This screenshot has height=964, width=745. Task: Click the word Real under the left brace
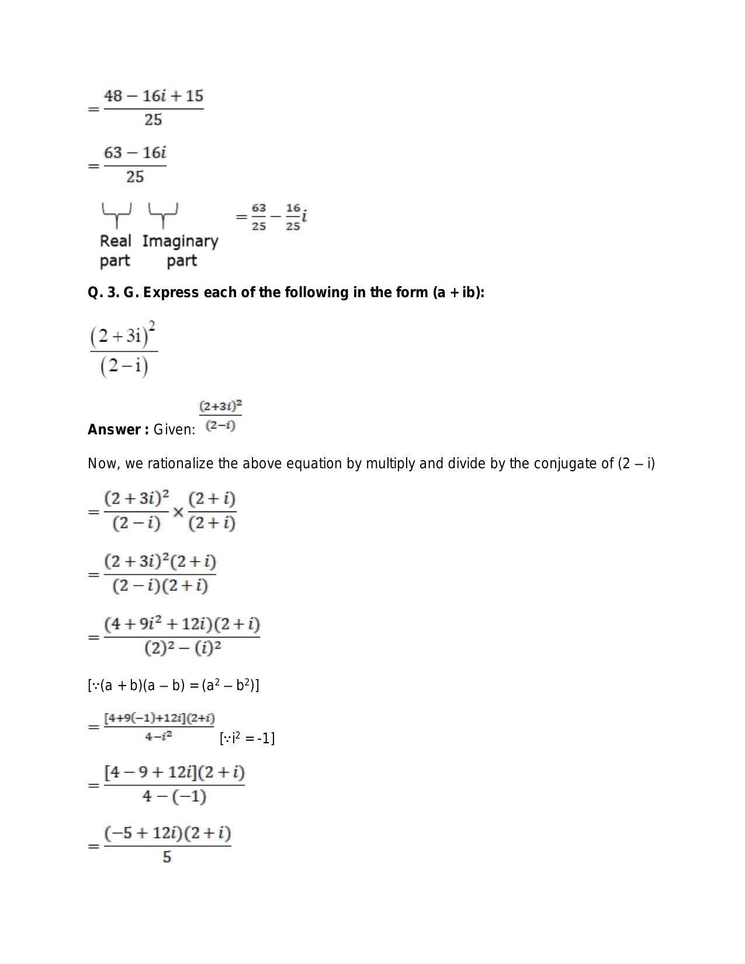coord(115,241)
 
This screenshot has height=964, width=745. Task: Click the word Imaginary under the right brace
coord(180,241)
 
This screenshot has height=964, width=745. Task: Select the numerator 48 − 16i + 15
coord(154,96)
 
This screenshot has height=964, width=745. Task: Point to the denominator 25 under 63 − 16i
coord(135,177)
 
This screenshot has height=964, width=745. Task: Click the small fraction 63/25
coord(259,217)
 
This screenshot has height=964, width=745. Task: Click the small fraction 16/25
coord(293,217)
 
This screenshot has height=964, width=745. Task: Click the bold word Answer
coord(117,430)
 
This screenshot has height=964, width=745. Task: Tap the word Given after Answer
coord(174,430)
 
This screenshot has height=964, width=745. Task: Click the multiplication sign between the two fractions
coord(178,512)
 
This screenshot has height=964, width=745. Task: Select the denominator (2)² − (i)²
coord(182,648)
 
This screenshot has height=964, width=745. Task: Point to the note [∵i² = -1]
coord(247,739)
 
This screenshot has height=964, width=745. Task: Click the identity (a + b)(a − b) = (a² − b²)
coord(174,685)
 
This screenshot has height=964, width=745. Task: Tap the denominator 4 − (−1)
coord(174,796)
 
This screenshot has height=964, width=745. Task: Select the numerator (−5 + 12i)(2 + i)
coord(168,833)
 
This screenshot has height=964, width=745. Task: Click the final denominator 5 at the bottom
coord(167,857)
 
